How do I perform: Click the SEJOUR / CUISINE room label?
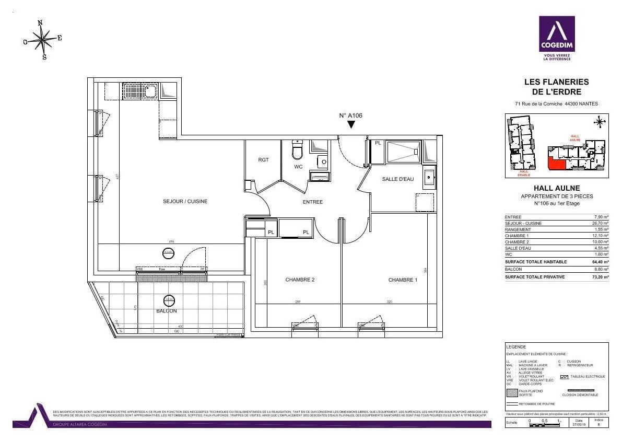pyautogui.click(x=185, y=201)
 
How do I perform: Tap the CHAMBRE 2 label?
pyautogui.click(x=300, y=280)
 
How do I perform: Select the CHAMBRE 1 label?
pyautogui.click(x=403, y=280)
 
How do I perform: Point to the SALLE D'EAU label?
pyautogui.click(x=398, y=179)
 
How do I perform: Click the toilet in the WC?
pyautogui.click(x=297, y=150)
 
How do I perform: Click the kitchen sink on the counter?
pyautogui.click(x=140, y=91)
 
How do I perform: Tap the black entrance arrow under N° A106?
pyautogui.click(x=351, y=124)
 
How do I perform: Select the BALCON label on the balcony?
pyautogui.click(x=167, y=311)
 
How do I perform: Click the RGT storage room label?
pyautogui.click(x=263, y=160)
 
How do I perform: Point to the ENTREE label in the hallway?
pyautogui.click(x=313, y=202)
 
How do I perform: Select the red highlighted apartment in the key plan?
pyautogui.click(x=556, y=164)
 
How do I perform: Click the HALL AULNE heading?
pyautogui.click(x=556, y=188)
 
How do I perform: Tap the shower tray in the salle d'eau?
pyautogui.click(x=402, y=151)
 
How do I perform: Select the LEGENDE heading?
pyautogui.click(x=516, y=347)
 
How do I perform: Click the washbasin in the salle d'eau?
pyautogui.click(x=429, y=176)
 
